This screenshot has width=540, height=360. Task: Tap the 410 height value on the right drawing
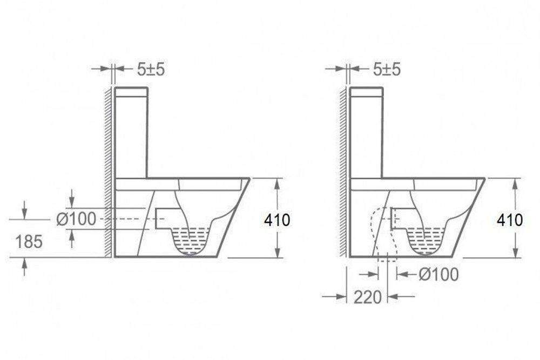tap(510, 220)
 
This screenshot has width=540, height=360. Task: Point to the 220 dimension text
tap(369, 296)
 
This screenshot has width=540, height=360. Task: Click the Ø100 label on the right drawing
tap(438, 274)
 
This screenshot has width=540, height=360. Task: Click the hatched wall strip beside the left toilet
tap(109, 173)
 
